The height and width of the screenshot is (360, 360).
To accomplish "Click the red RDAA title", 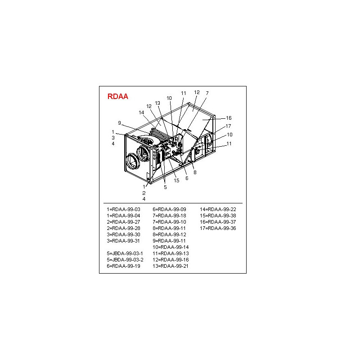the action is coord(117,96).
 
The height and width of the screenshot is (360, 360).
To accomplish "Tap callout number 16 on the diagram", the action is coord(229,118).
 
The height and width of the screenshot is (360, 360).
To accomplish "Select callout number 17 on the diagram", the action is coord(228,126).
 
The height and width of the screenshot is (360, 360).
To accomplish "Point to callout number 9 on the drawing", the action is coord(119,123).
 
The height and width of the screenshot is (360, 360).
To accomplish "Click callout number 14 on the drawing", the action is coord(141,112).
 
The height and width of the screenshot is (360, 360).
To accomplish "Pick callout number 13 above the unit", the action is coord(157,103).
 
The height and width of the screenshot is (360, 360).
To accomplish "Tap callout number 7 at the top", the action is coord(207,93).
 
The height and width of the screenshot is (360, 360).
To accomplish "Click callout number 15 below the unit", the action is coord(176,180).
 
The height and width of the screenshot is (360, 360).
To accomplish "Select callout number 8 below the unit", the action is coord(195,172).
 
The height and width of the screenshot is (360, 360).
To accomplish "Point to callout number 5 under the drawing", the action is coord(165,187).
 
